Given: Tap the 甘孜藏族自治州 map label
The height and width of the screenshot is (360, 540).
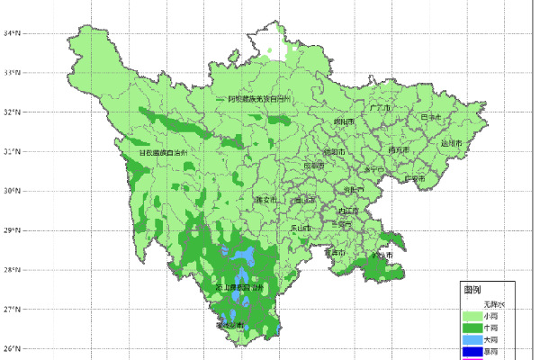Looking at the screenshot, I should point(163,153).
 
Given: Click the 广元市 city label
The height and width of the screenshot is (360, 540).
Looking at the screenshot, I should point(382,108).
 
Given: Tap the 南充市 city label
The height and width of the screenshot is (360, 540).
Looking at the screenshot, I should point(400,149).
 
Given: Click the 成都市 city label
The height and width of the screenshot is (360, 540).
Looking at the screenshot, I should point(312,166).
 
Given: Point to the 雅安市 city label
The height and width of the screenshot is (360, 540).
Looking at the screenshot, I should point(267,200).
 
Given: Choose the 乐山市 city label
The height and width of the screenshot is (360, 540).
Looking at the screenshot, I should point(301,229).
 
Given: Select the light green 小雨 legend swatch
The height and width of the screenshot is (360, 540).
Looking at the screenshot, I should point(472,317).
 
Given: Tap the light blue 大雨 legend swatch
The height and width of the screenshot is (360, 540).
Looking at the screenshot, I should point(472,340).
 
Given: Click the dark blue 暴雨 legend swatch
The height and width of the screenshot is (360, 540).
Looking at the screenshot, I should point(472,352).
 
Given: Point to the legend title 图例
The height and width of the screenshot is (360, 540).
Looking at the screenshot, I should point(472,291).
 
